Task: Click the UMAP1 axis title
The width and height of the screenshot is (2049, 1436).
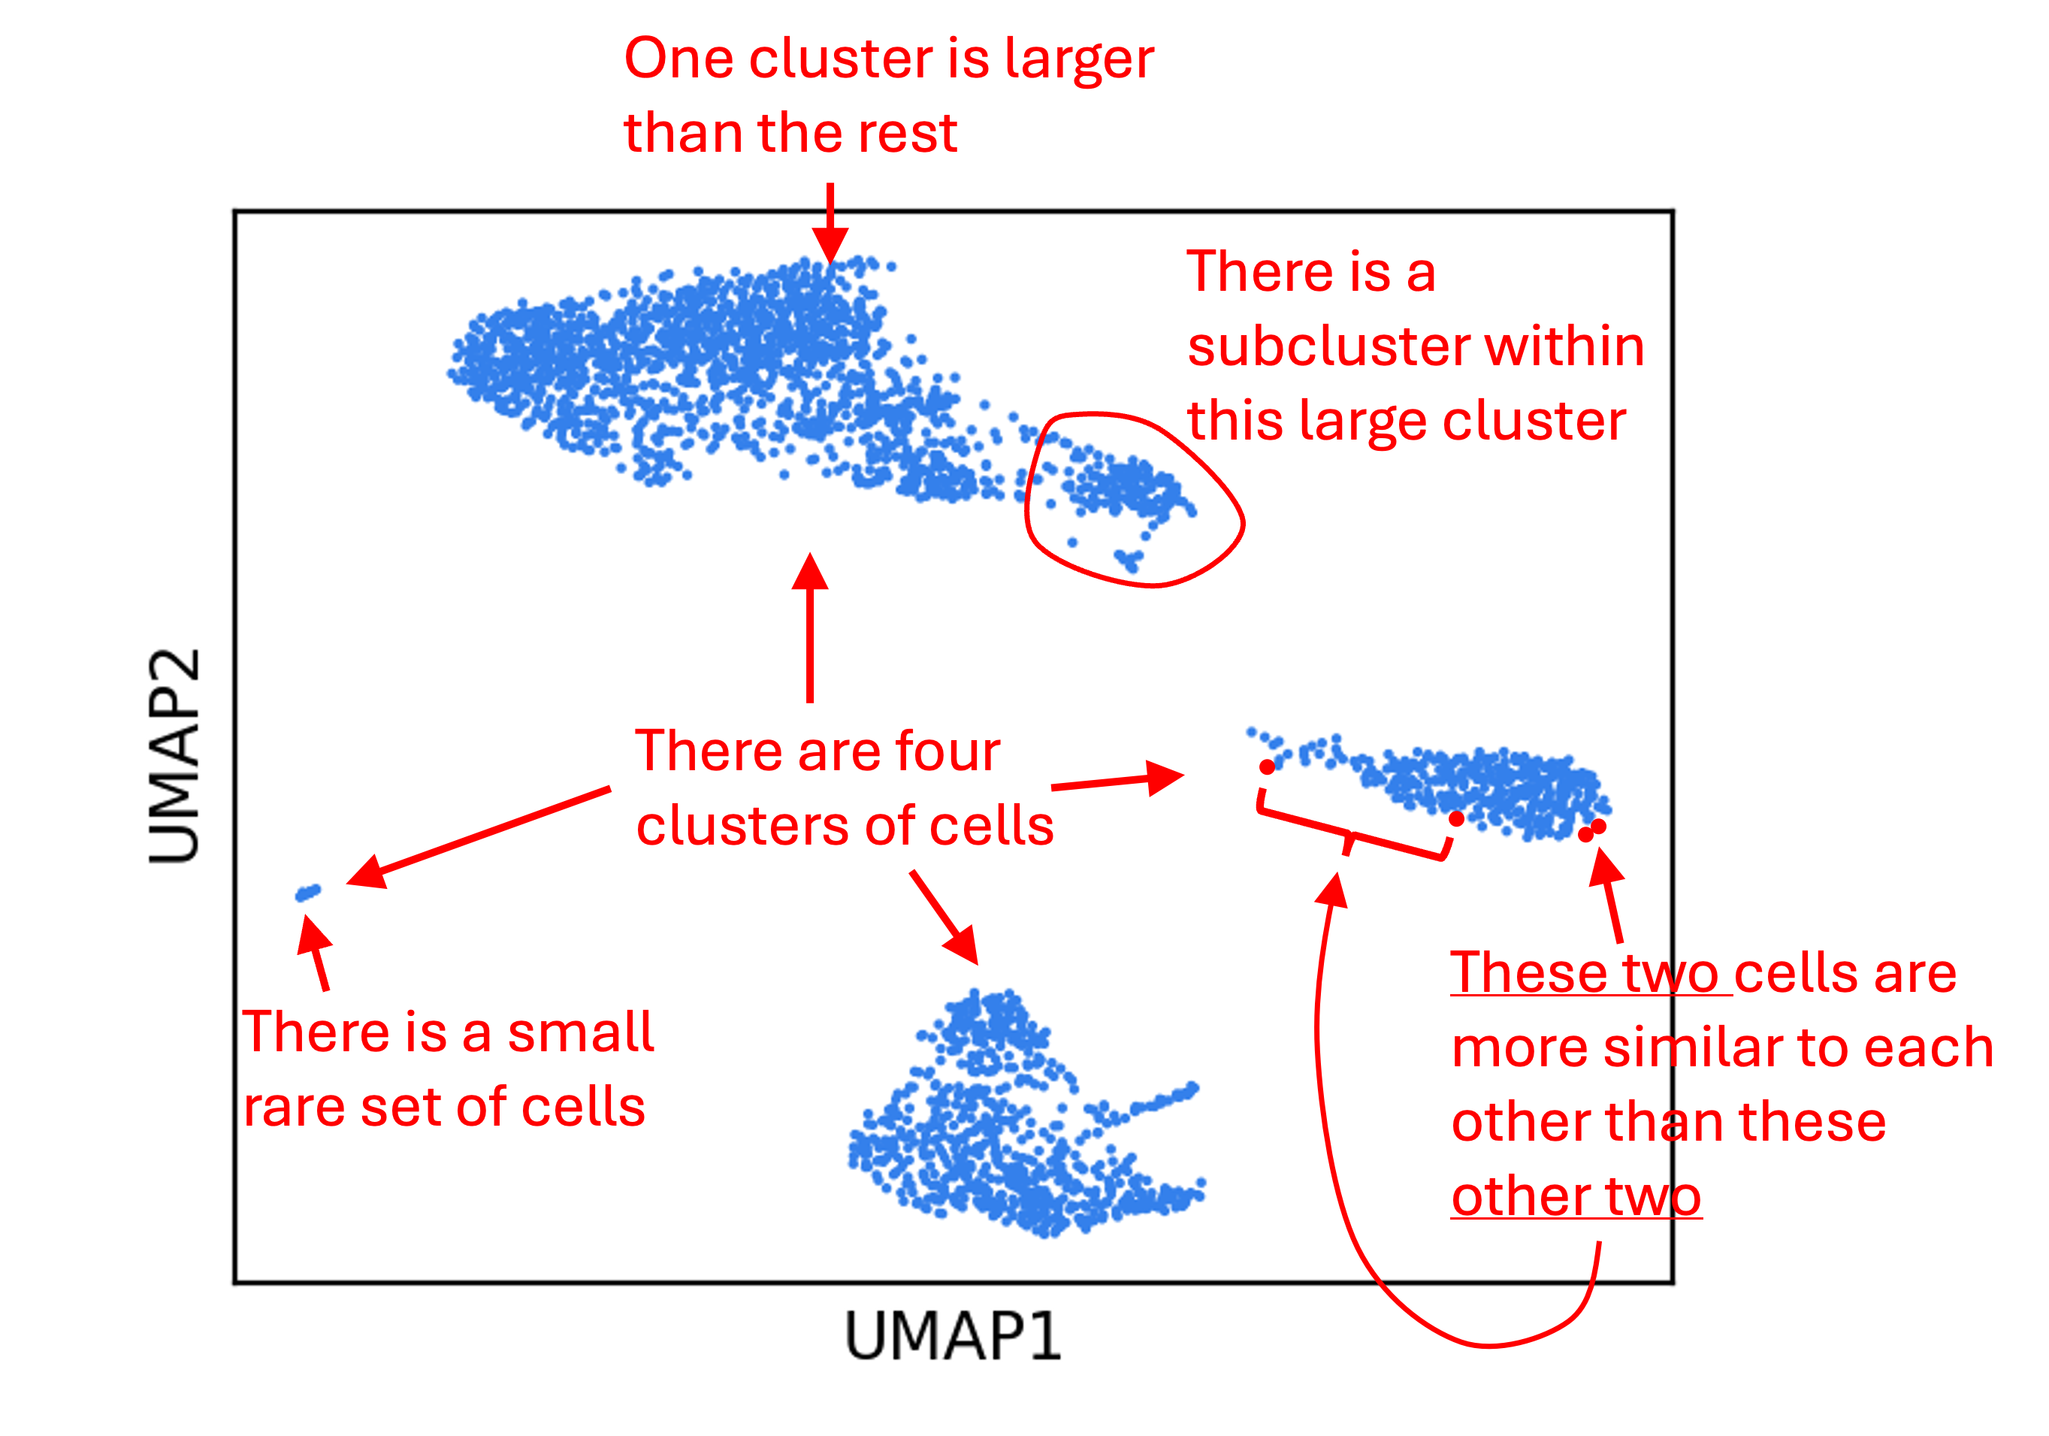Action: tap(952, 1336)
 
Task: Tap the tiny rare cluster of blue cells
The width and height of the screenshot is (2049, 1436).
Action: tap(308, 893)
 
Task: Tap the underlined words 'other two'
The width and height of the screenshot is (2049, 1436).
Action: tap(1576, 1197)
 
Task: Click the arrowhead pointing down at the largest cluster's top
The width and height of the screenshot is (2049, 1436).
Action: tap(830, 243)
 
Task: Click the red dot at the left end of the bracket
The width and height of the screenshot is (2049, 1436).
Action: tap(1268, 766)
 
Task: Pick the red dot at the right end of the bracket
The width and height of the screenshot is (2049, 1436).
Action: tap(1456, 818)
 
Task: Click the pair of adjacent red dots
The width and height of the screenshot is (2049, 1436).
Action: tap(1592, 831)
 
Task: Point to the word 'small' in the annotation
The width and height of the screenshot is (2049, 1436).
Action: tap(581, 1032)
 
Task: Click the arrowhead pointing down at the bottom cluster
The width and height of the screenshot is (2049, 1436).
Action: tap(961, 945)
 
